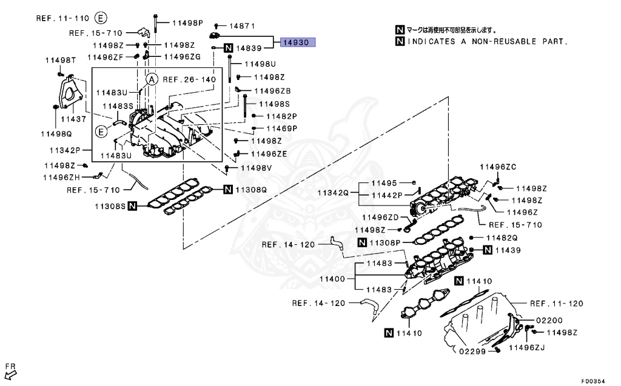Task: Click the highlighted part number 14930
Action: tap(298, 43)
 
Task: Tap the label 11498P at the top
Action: tap(187, 23)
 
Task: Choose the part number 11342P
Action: tap(65, 150)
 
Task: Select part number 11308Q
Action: tap(251, 190)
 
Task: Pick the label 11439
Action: tap(508, 250)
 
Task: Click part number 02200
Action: tap(549, 321)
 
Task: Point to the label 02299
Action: tap(472, 351)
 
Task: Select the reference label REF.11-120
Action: tap(556, 304)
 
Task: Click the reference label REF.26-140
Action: tap(189, 79)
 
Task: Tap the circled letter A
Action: tap(152, 79)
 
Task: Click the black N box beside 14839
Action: tap(228, 48)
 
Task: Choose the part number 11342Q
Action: tap(332, 193)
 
